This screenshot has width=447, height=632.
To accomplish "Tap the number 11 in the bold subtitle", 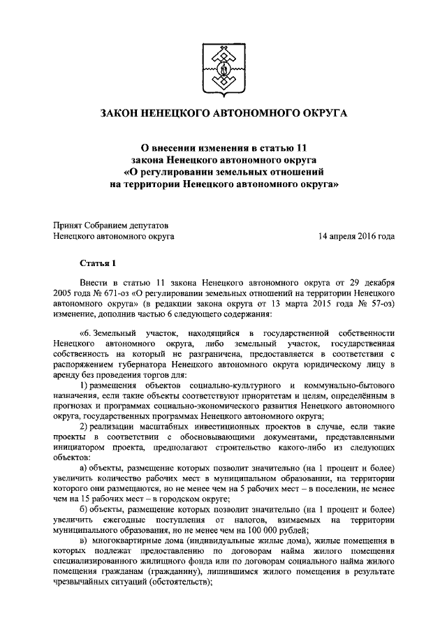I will tap(300, 147).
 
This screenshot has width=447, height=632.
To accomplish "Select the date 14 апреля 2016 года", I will tap(356, 237).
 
